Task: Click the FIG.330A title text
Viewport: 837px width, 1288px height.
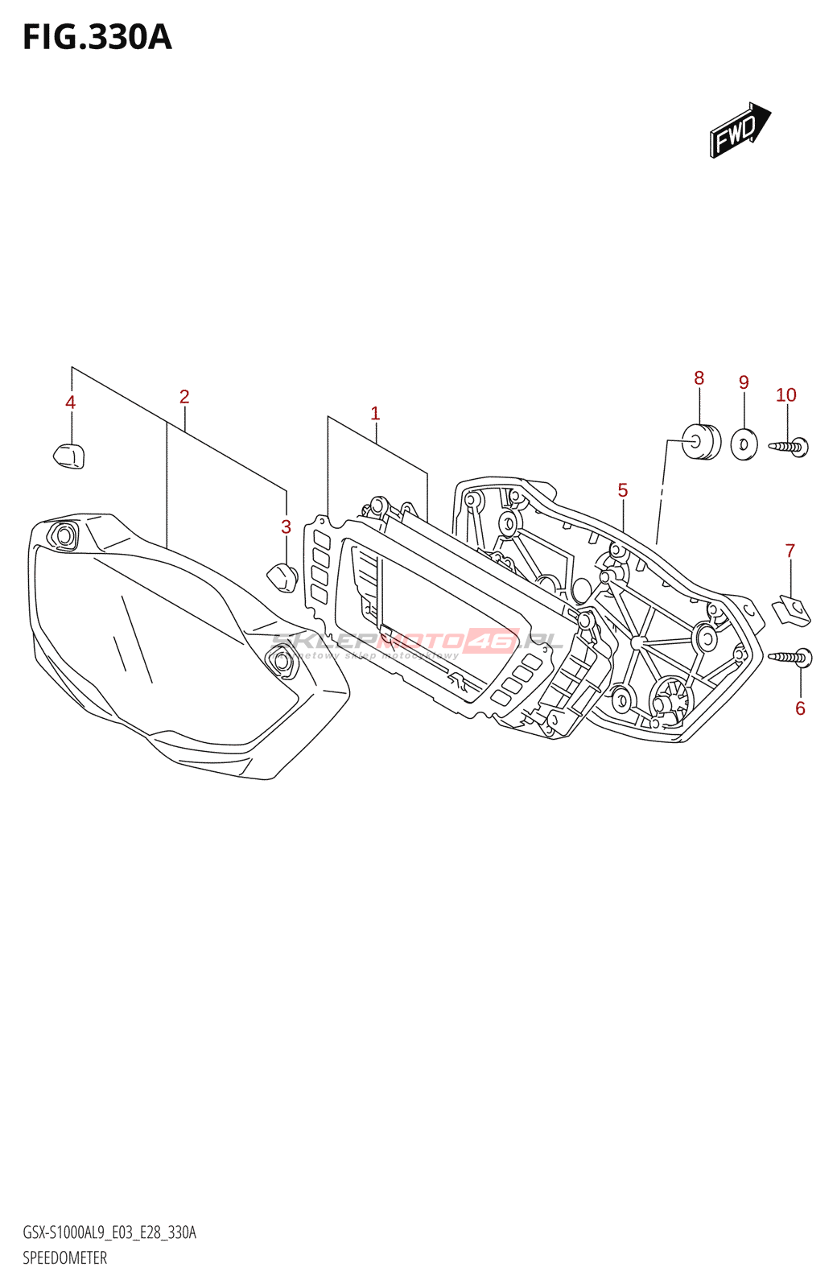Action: [x=97, y=38]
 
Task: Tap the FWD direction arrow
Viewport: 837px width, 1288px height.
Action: [x=739, y=130]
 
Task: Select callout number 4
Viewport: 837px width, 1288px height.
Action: [x=71, y=402]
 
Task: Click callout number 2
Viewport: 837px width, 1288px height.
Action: [x=184, y=397]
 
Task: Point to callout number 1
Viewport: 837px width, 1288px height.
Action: [x=375, y=414]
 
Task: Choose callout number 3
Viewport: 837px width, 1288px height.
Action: [x=286, y=527]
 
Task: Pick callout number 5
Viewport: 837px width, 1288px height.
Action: [x=623, y=490]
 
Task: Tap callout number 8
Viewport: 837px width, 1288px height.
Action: [x=699, y=378]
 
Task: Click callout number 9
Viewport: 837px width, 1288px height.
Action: [x=744, y=383]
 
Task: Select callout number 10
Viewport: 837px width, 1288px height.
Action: [x=785, y=395]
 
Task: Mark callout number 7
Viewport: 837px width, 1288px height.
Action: [x=790, y=551]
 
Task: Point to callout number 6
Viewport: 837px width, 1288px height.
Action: [x=800, y=708]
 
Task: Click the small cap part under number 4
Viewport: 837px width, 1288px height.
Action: [x=68, y=456]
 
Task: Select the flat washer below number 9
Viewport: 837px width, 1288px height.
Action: [x=744, y=444]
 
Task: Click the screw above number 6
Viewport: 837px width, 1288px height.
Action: [x=791, y=658]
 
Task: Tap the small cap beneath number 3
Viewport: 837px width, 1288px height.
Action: [x=282, y=578]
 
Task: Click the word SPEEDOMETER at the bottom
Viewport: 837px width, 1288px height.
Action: [x=64, y=1258]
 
